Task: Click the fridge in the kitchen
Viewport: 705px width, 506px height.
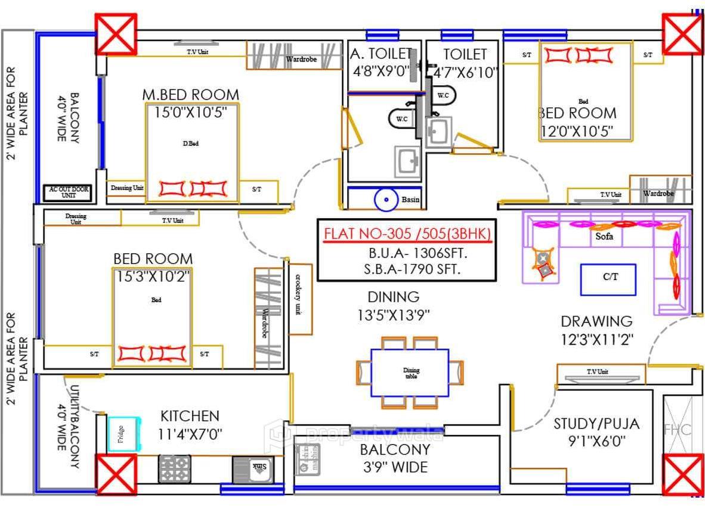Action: coord(125,433)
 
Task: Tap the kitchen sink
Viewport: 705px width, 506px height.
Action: coord(253,468)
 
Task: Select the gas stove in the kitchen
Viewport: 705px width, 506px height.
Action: coord(174,468)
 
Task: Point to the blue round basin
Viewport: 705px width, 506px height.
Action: coord(386,200)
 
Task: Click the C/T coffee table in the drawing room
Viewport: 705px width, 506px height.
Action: coord(608,280)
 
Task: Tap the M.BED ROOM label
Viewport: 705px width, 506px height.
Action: coord(190,95)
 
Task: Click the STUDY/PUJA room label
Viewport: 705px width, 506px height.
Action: coord(596,424)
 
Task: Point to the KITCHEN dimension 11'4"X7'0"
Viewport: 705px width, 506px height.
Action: coord(190,434)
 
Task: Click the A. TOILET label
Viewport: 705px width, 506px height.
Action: coord(381,55)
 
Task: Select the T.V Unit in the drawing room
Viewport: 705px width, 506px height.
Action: coord(600,374)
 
